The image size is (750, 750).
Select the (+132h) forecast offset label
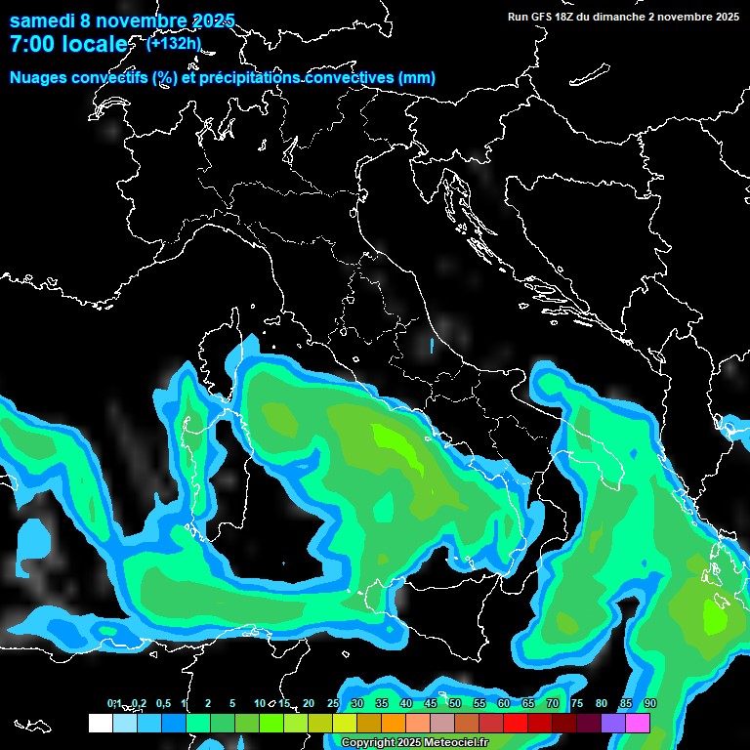[x=174, y=43]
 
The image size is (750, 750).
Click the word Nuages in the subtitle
[x=38, y=78]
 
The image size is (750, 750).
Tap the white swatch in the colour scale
[x=100, y=724]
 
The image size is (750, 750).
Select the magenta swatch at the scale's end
[x=638, y=724]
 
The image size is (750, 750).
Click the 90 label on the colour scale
[x=650, y=704]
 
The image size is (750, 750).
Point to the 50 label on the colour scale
[x=455, y=704]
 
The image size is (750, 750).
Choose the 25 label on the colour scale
[x=333, y=704]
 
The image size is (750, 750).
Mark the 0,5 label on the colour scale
[x=162, y=704]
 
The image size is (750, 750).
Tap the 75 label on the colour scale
[x=577, y=704]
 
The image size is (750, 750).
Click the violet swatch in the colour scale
[x=613, y=724]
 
